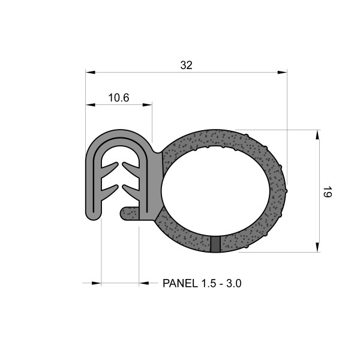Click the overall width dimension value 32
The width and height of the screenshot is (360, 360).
pyautogui.click(x=186, y=65)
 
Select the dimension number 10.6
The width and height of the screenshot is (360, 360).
pyautogui.click(x=118, y=98)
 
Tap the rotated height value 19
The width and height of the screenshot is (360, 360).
pyautogui.click(x=326, y=192)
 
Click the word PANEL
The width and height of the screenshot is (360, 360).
pyautogui.click(x=178, y=283)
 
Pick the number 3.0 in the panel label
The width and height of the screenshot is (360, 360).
pyautogui.click(x=233, y=283)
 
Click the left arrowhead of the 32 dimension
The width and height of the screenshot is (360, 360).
pyautogui.click(x=91, y=73)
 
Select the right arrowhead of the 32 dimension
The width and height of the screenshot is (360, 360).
pyautogui.click(x=281, y=73)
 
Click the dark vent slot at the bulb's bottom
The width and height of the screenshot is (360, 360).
pyautogui.click(x=216, y=244)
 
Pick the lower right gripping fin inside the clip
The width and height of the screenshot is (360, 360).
pyautogui.click(x=131, y=192)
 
